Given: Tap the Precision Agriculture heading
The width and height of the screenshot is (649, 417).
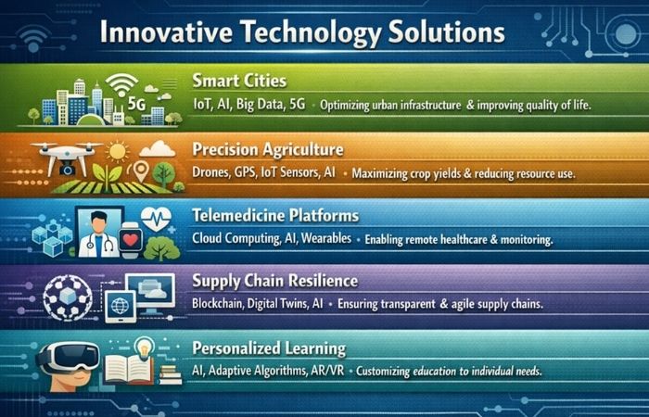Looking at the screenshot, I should coord(268,149).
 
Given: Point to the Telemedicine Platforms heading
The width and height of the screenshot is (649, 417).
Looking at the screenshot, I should coord(274,216).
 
